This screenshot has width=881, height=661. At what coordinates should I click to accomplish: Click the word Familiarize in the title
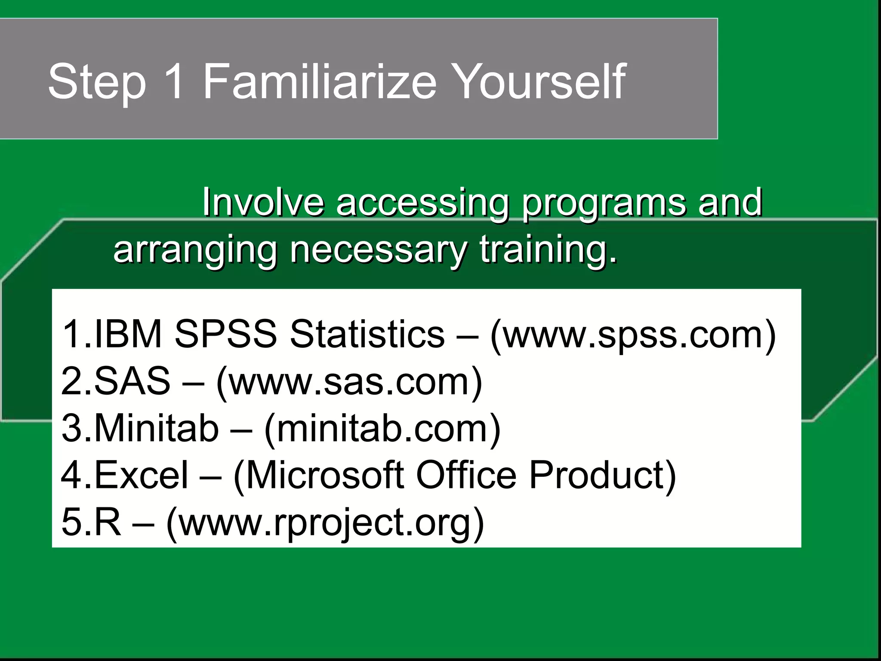pyautogui.click(x=320, y=81)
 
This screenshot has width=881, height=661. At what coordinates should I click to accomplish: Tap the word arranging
pyautogui.click(x=195, y=250)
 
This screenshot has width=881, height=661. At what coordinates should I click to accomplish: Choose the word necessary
pyautogui.click(x=378, y=250)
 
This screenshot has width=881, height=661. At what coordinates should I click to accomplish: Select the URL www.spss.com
pyautogui.click(x=632, y=335)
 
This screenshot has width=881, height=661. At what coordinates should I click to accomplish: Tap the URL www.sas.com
pyautogui.click(x=349, y=381)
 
